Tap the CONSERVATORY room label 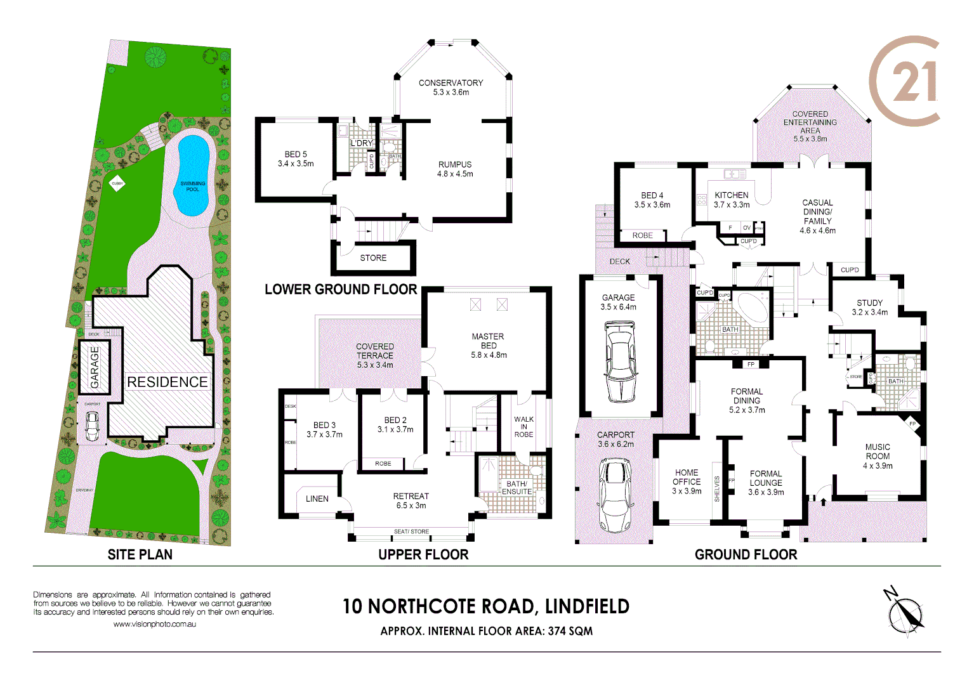pos(451,83)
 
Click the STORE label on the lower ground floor pos(373,258)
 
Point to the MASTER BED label pos(488,341)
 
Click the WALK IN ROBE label pos(523,427)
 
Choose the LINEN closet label pos(317,499)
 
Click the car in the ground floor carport pos(615,494)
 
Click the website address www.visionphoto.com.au pos(154,624)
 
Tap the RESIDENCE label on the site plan pos(168,382)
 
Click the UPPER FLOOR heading pos(423,555)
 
